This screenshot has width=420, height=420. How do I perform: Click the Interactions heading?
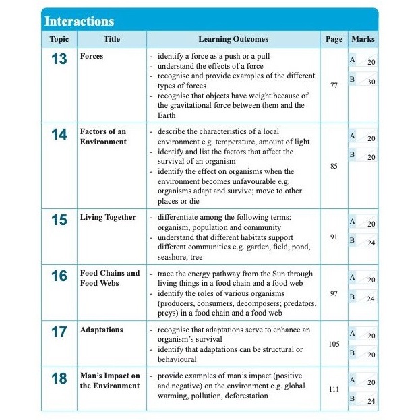[80, 21]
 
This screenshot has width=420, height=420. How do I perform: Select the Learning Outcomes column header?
[233, 40]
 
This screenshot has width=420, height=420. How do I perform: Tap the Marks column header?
[363, 40]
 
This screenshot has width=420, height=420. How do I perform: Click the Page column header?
[334, 40]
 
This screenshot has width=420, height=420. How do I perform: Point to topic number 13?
[59, 59]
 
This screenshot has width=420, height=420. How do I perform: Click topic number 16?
[59, 276]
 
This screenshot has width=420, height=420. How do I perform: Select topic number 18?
[59, 379]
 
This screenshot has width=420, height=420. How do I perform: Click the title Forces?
[92, 57]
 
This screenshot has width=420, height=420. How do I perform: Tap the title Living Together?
[108, 218]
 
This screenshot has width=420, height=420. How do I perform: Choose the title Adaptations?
[102, 330]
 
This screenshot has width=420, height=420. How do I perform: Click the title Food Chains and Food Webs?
[110, 278]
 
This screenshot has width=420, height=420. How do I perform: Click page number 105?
[334, 344]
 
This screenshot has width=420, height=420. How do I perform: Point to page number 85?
[334, 166]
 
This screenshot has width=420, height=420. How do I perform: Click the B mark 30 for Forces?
[371, 82]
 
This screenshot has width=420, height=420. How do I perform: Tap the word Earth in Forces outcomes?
[167, 115]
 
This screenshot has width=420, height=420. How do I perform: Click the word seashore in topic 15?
[173, 258]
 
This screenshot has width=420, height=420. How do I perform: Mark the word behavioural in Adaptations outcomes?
[177, 360]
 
